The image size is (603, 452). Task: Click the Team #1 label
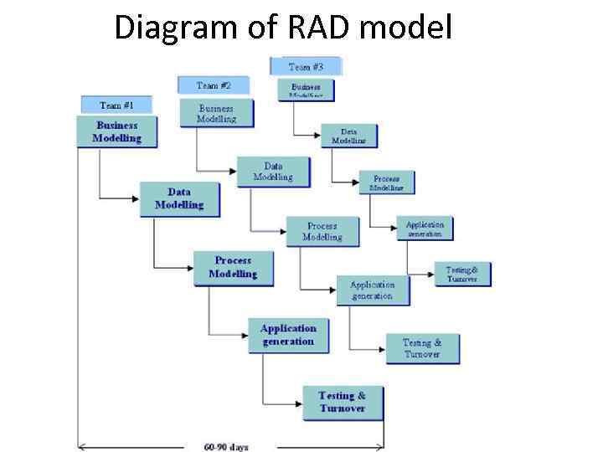point(116,105)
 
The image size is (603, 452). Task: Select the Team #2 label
point(214,85)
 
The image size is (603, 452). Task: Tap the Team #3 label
point(306,66)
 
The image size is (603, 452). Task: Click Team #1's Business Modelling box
point(116,131)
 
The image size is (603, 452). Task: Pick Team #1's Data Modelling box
point(179,199)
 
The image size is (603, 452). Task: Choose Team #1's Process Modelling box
point(233,268)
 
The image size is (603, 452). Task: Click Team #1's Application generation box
point(288,335)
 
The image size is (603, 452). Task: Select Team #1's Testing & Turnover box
point(343,403)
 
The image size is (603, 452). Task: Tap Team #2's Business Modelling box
point(216,114)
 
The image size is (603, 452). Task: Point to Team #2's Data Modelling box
point(273,172)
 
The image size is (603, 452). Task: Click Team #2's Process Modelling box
point(322,232)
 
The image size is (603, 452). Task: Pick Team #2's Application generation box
point(372,290)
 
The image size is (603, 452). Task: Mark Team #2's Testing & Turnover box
point(422,348)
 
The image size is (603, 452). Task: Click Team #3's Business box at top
point(306,90)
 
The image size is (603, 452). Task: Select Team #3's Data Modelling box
point(349,136)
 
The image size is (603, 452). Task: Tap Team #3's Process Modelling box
point(387,183)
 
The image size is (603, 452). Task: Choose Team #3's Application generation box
point(425,229)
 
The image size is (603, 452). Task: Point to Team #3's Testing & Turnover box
point(462,275)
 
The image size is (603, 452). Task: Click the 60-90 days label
point(225,446)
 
